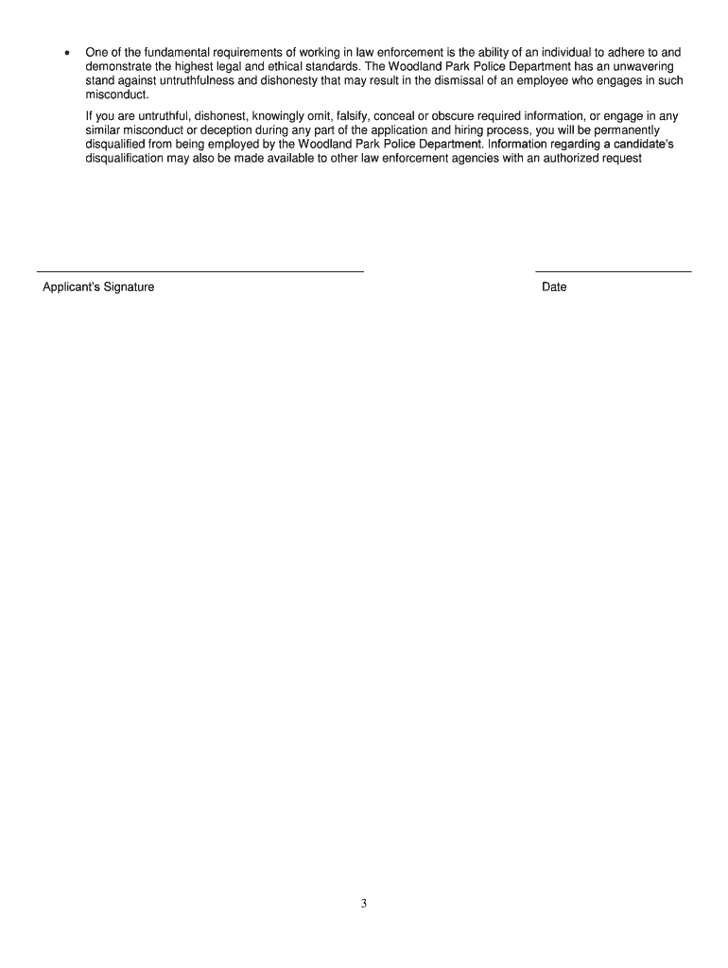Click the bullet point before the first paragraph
click(62, 53)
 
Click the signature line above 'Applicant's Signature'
click(200, 271)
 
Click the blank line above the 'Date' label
click(614, 271)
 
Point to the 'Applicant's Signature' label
click(98, 287)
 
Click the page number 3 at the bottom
click(363, 904)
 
